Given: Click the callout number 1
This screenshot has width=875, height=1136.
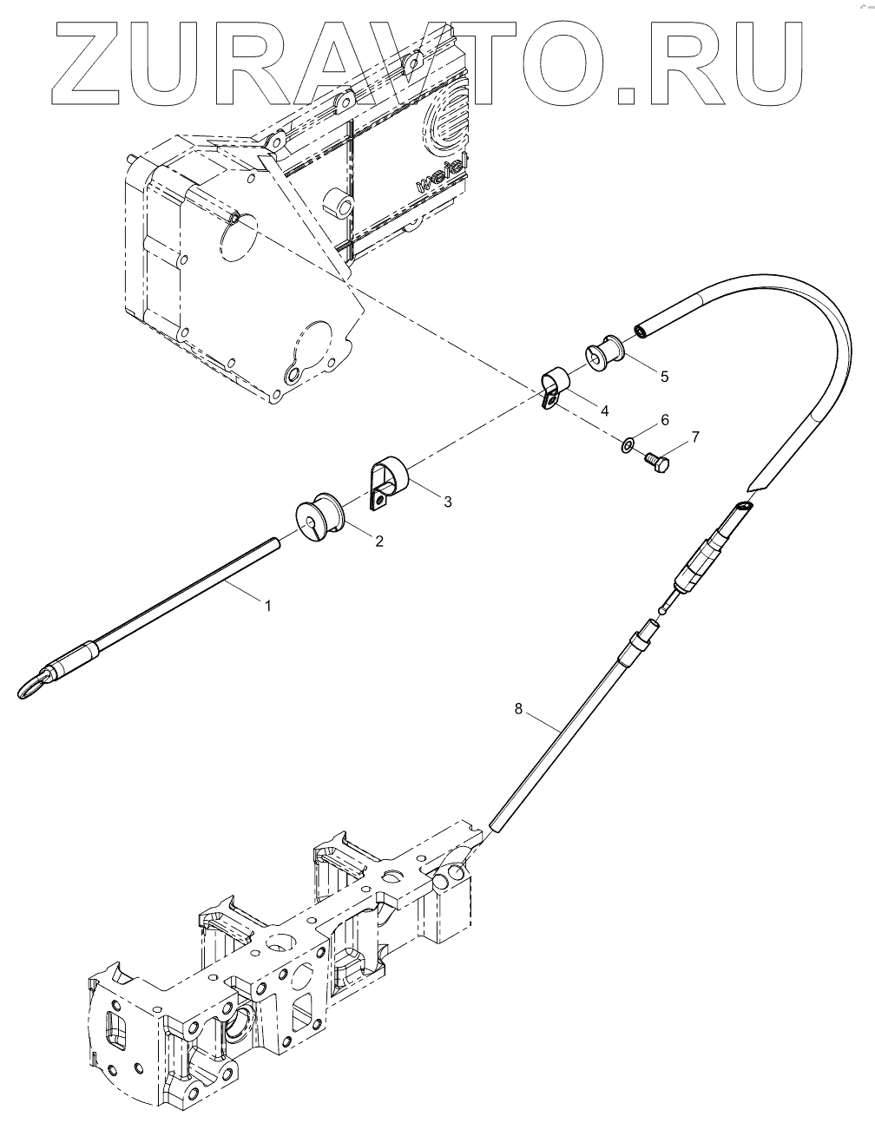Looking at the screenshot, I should click(268, 606).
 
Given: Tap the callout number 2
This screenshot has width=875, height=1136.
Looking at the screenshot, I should click(378, 540).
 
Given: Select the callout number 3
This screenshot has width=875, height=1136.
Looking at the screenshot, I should click(447, 501).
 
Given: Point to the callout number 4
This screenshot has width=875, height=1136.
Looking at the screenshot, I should click(604, 408).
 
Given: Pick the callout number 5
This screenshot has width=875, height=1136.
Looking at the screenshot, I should click(664, 376).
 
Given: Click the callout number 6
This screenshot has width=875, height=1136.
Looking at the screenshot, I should click(665, 420).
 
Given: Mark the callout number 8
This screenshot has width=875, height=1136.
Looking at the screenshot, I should click(519, 708).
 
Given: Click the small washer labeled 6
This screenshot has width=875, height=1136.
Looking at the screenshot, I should click(628, 446).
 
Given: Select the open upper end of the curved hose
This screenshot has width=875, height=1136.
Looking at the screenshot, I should click(641, 331).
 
